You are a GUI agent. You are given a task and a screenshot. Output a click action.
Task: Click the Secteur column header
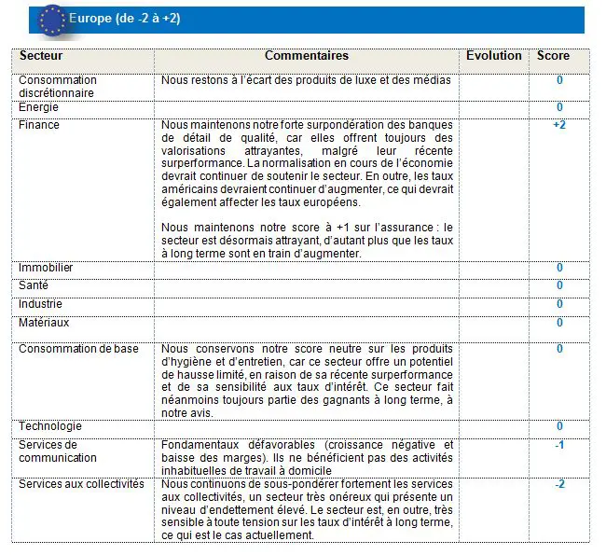(42, 57)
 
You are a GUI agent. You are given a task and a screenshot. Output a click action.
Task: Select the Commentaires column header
(306, 57)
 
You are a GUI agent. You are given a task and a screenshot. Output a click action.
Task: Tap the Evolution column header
(494, 56)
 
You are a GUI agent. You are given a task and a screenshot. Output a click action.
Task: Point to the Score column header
(553, 56)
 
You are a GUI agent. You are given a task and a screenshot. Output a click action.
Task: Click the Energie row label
(38, 107)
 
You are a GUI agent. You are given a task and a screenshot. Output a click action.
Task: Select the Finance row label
(39, 125)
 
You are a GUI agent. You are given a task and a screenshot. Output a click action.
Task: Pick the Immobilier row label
(46, 269)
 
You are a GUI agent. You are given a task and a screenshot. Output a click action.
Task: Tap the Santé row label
(34, 286)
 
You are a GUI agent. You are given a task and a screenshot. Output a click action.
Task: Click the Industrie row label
(41, 304)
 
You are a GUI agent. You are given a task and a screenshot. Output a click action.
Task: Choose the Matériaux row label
(44, 323)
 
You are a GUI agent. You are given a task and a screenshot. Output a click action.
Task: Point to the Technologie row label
(48, 426)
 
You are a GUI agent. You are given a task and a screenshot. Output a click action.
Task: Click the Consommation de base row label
(78, 349)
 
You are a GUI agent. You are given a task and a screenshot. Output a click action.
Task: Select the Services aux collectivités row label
(81, 484)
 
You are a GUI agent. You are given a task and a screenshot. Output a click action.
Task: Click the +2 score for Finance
(559, 125)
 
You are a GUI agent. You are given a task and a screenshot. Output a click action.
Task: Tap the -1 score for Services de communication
(559, 445)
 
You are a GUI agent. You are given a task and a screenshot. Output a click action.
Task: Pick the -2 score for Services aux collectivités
(559, 484)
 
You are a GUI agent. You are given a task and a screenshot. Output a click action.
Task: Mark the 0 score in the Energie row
(559, 107)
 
